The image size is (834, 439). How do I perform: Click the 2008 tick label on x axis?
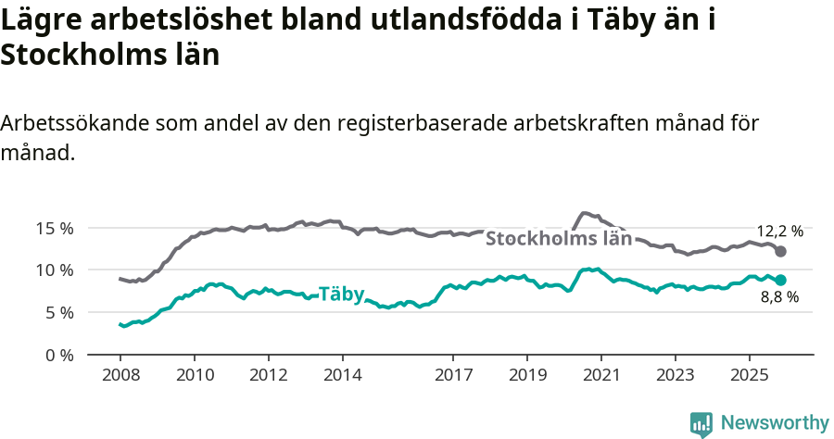120,376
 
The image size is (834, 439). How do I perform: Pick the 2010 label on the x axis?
195,376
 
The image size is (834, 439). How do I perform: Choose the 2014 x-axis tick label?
342,376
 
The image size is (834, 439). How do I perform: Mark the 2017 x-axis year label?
453,376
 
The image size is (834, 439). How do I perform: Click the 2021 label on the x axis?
600,376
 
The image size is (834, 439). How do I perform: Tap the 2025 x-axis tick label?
749,376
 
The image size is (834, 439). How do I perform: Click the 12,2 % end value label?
780,232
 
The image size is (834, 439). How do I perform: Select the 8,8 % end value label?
779,297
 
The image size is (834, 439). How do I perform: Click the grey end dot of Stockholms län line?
781,252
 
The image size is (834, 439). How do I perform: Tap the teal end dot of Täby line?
781,280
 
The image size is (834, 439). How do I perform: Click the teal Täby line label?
341,295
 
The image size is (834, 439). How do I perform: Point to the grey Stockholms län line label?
559,239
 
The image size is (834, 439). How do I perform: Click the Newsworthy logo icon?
701,424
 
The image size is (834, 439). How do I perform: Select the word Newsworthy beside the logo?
775,423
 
